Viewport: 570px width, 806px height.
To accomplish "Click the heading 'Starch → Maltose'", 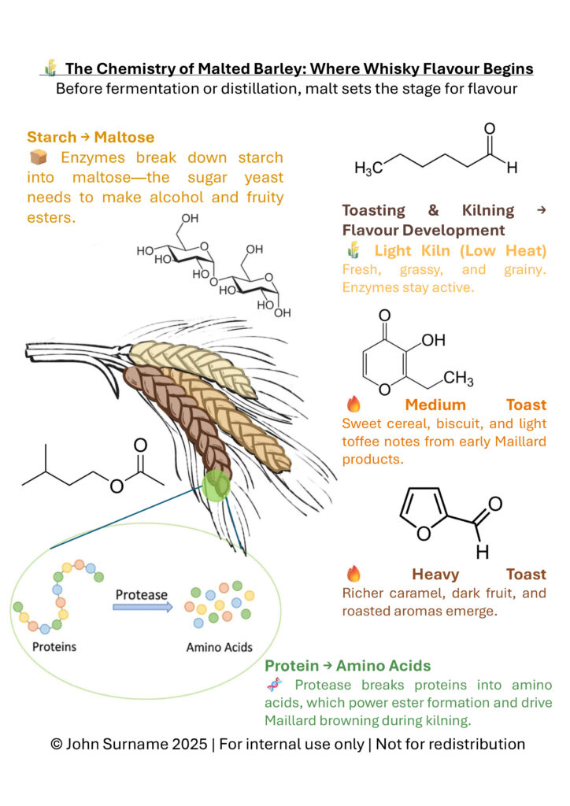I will (91, 138).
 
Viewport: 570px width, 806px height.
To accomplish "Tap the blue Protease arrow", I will (142, 608).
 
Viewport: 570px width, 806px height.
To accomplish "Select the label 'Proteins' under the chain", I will (54, 647).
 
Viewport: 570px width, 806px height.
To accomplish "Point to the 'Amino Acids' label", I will (219, 647).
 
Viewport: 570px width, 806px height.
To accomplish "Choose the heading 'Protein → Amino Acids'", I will (347, 666).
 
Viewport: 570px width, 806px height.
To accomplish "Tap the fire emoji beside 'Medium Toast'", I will (353, 405).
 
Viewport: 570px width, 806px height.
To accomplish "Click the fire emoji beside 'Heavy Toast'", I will (353, 574).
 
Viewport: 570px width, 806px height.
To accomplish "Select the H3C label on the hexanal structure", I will (368, 168).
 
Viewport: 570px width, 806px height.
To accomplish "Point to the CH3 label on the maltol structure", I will (458, 379).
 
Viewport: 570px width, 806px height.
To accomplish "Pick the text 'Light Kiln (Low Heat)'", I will (461, 251).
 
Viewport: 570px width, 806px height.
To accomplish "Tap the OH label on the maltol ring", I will (433, 341).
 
